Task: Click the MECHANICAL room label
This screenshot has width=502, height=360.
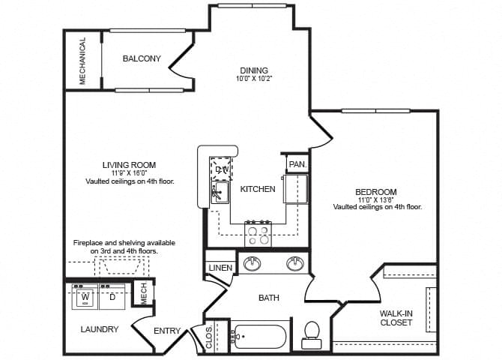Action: tap(82, 61)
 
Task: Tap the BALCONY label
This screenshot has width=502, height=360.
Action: tap(142, 59)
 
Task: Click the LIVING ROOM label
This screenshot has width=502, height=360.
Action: tap(129, 165)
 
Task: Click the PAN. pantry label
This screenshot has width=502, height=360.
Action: tap(297, 163)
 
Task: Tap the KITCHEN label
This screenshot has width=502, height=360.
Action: tap(258, 189)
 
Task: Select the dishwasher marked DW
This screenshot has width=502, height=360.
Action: tap(221, 169)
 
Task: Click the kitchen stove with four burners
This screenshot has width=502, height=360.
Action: tap(258, 234)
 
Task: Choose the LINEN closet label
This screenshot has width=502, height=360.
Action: tap(220, 268)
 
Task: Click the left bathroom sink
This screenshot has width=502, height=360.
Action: tap(250, 264)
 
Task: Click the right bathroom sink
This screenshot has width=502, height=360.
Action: tap(295, 264)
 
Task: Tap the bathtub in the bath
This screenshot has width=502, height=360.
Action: tap(258, 336)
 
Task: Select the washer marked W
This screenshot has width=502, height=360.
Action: tap(85, 298)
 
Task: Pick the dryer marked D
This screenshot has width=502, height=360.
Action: tap(112, 298)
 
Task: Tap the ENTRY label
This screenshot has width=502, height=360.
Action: tap(167, 331)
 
